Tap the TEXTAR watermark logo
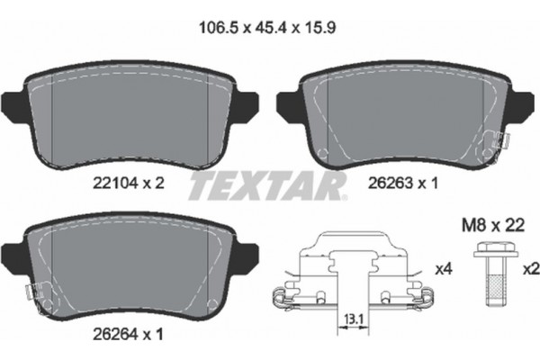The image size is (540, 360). pyautogui.click(x=267, y=187)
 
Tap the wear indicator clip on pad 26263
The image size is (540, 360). pyautogui.click(x=497, y=139)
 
